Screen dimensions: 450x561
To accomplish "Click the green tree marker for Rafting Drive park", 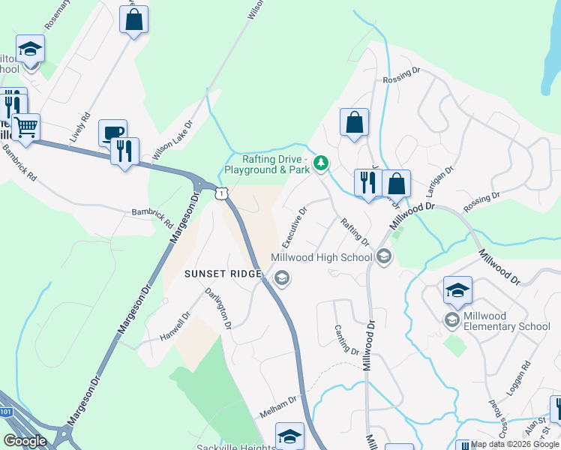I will point(321,162).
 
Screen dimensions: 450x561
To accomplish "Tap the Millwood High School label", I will point(322,257).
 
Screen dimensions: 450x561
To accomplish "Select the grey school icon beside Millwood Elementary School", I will point(452,321).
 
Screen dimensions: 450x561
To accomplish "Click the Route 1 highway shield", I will point(220,193).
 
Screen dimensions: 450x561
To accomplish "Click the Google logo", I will point(25,441).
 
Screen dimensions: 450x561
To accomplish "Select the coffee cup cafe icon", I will point(112,133).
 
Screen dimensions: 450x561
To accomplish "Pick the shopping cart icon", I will point(25,127).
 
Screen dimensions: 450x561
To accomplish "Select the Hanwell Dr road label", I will point(172,328).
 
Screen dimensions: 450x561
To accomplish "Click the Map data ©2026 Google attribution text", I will point(515,444).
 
